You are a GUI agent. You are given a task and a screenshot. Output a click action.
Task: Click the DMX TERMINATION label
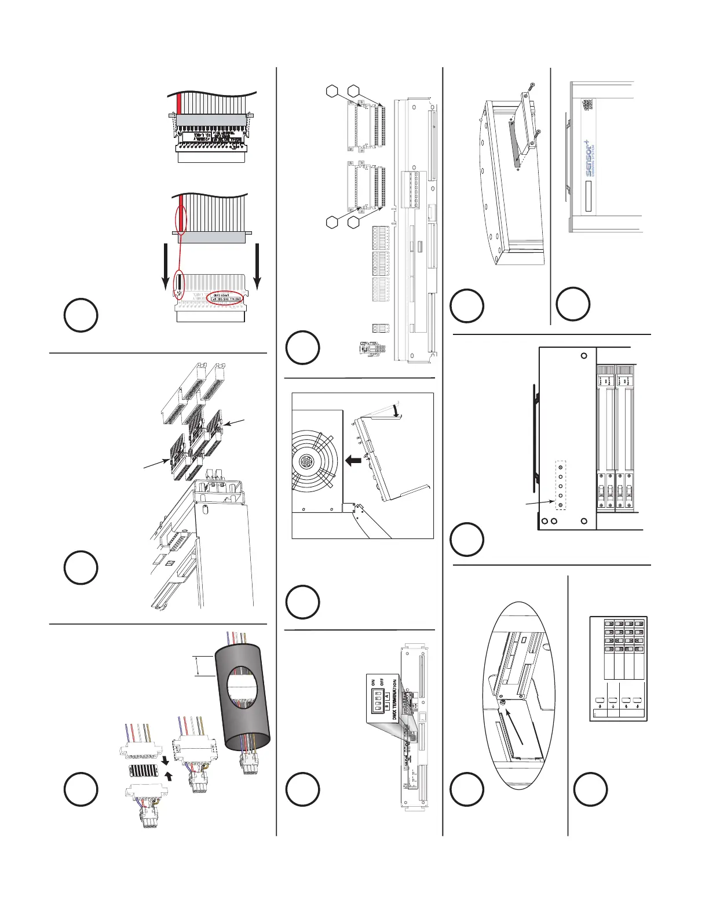(x=395, y=700)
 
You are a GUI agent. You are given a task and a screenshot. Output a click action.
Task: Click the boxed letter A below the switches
(x=388, y=711)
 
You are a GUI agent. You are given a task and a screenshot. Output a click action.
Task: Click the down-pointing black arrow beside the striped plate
(x=166, y=759)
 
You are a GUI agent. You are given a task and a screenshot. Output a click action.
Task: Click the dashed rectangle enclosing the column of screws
(x=561, y=486)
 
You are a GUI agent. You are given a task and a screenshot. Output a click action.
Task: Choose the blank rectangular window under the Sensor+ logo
(x=589, y=196)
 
